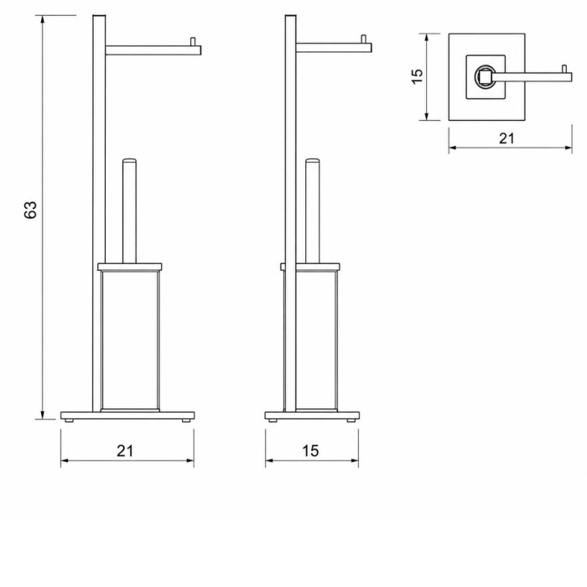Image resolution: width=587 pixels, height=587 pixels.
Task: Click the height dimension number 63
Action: pyautogui.click(x=30, y=210)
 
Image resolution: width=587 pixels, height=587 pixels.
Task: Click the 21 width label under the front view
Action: pyautogui.click(x=125, y=451)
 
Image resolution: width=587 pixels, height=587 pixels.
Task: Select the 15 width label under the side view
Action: pyautogui.click(x=311, y=451)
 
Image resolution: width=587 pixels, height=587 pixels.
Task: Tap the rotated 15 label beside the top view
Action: pyautogui.click(x=417, y=76)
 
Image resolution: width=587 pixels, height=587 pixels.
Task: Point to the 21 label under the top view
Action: pyautogui.click(x=506, y=138)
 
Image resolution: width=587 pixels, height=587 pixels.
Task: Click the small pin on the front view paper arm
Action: pyautogui.click(x=193, y=41)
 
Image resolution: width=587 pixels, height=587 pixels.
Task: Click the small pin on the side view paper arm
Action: pyautogui.click(x=363, y=39)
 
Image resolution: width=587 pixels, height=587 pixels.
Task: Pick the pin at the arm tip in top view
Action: pyautogui.click(x=564, y=69)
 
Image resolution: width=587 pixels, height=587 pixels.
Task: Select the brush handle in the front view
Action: pyautogui.click(x=129, y=210)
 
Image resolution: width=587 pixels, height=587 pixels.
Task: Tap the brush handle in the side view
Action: pyautogui.click(x=313, y=210)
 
